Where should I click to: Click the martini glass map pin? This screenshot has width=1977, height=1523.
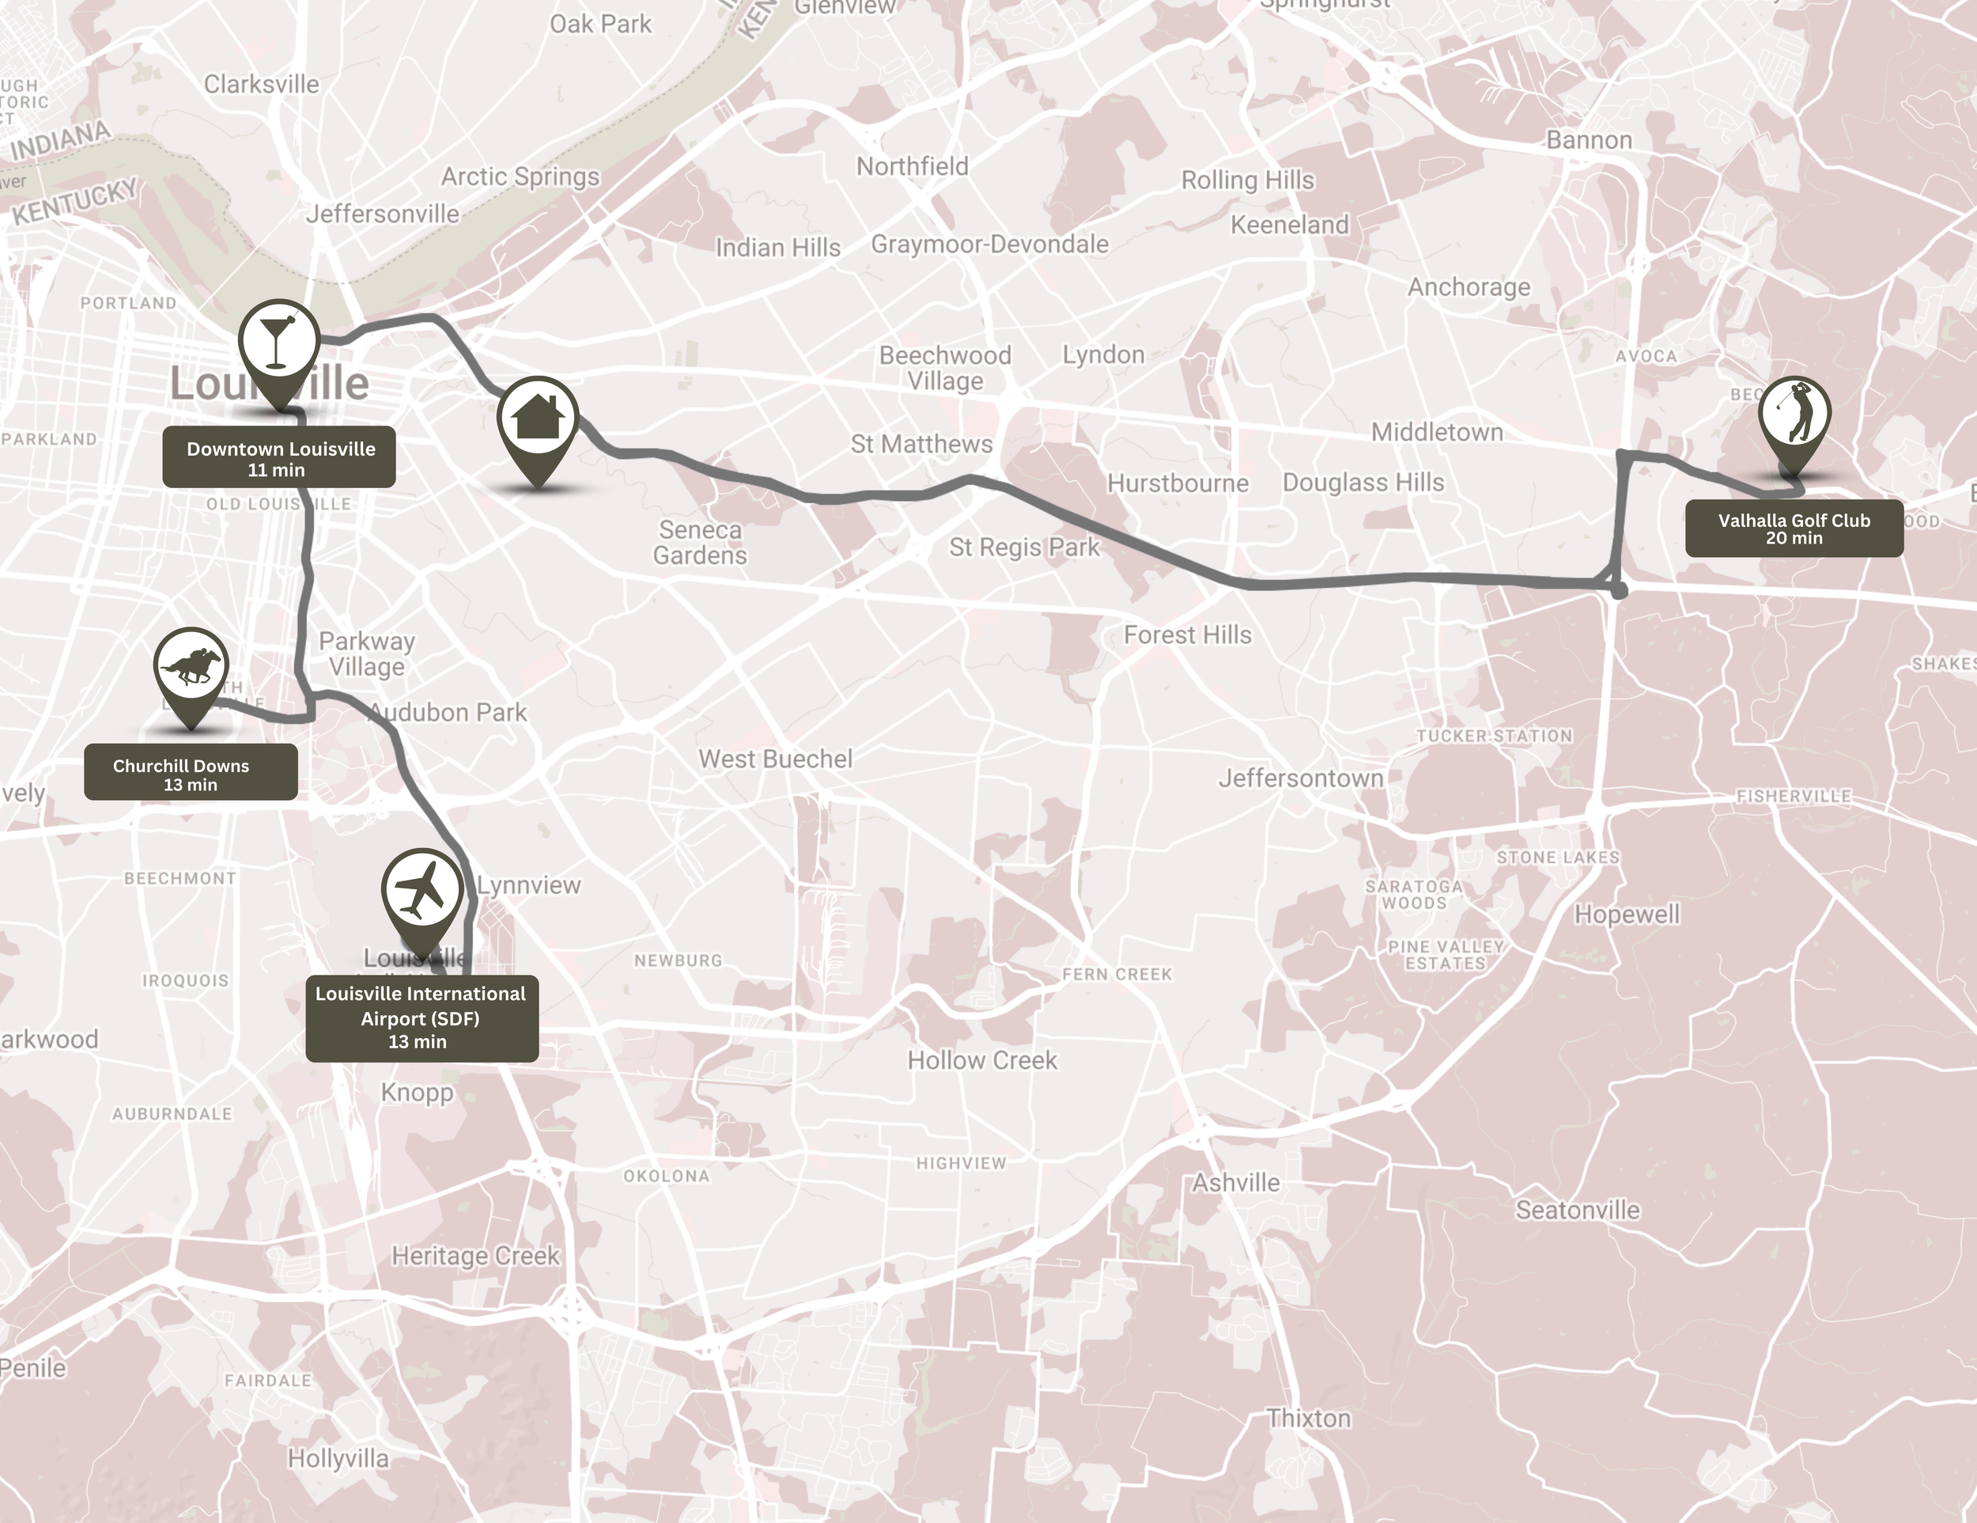tap(279, 341)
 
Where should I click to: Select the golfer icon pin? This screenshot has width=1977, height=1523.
tap(1794, 416)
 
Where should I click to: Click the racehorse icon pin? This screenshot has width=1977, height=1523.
tap(190, 667)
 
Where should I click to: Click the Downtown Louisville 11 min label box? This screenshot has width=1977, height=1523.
tap(279, 458)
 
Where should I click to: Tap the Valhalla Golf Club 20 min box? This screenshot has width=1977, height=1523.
tap(1794, 528)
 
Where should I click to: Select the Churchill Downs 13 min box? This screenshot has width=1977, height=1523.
tap(190, 773)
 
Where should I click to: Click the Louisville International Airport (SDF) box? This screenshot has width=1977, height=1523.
tap(421, 1017)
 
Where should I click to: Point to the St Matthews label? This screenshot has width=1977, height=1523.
tap(921, 444)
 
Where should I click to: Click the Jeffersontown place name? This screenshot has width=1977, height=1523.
tap(1300, 778)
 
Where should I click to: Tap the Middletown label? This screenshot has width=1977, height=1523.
tap(1437, 432)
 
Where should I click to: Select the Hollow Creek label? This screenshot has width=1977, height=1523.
tap(982, 1059)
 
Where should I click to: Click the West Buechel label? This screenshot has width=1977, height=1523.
tap(775, 759)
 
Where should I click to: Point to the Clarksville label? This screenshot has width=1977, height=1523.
tap(262, 84)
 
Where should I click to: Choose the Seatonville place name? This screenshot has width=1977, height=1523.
tap(1577, 1210)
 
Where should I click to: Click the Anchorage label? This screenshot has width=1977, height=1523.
tap(1469, 287)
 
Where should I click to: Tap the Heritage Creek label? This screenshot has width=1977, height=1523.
tap(475, 1256)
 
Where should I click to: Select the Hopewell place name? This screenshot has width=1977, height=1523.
tap(1627, 915)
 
